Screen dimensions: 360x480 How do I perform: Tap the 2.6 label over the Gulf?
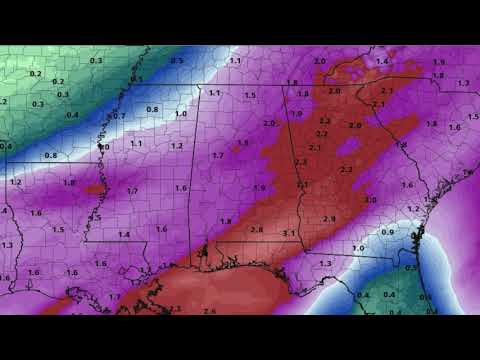[209, 311]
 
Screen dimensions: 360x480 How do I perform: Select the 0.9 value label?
[389, 232]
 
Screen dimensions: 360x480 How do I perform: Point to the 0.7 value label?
[119, 116]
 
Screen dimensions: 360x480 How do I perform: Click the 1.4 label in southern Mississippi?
[124, 234]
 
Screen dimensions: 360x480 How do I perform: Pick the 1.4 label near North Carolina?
[381, 62]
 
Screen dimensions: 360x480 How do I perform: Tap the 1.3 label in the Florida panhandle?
[324, 262]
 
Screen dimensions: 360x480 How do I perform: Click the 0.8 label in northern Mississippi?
[152, 109]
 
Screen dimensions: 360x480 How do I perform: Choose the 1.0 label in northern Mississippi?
[181, 115]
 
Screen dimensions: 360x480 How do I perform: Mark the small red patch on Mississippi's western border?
[93, 187]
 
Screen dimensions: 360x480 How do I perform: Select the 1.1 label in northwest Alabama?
[214, 93]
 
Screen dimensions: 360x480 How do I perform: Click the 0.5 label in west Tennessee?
[177, 61]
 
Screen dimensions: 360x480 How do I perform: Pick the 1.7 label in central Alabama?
[217, 156]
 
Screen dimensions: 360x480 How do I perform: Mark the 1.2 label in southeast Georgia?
[412, 208]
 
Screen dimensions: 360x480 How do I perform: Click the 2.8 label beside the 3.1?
[256, 230]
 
